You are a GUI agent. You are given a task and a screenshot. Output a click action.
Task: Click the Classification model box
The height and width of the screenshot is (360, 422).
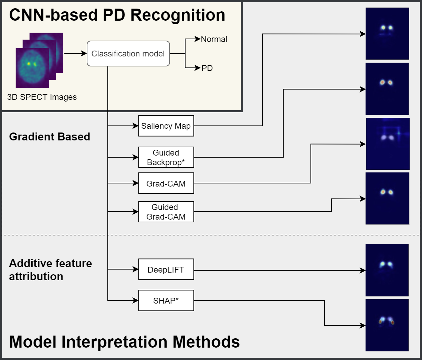128,54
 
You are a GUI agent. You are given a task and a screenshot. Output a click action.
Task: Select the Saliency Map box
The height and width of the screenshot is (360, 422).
166,126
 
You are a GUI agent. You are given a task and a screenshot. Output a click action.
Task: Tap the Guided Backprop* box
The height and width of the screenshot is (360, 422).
166,157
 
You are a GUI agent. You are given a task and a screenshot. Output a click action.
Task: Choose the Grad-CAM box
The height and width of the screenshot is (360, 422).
166,183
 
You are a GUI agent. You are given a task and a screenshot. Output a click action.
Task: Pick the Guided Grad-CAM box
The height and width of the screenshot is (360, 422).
166,212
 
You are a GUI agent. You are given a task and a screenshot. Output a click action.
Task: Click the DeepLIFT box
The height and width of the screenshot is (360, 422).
166,269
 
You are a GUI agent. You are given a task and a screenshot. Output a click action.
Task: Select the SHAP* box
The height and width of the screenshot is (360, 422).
166,300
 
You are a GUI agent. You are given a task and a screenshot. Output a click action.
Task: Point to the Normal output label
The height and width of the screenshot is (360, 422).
214,39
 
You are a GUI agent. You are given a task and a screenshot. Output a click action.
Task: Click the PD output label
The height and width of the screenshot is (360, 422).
207,68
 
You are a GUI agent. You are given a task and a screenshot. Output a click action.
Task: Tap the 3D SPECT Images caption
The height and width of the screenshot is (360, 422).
42,97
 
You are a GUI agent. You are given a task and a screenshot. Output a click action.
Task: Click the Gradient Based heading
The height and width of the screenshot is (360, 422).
50,137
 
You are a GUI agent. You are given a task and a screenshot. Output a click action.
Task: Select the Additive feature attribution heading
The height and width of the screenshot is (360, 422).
50,270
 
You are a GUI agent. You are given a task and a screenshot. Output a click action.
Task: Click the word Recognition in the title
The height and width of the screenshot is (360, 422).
178,15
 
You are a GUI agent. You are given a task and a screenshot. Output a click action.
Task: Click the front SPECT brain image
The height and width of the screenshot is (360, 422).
32,68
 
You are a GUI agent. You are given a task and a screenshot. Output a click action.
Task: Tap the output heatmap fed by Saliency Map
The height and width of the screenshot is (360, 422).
387,34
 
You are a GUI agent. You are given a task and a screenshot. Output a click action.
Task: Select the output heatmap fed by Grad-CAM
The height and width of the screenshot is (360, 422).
388,144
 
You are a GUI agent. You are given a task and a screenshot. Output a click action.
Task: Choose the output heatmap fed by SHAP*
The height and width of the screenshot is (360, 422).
387,325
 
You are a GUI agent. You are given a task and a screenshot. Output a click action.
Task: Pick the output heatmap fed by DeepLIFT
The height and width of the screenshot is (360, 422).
387,270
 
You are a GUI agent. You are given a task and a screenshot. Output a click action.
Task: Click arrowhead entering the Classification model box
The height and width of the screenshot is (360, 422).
84,53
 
